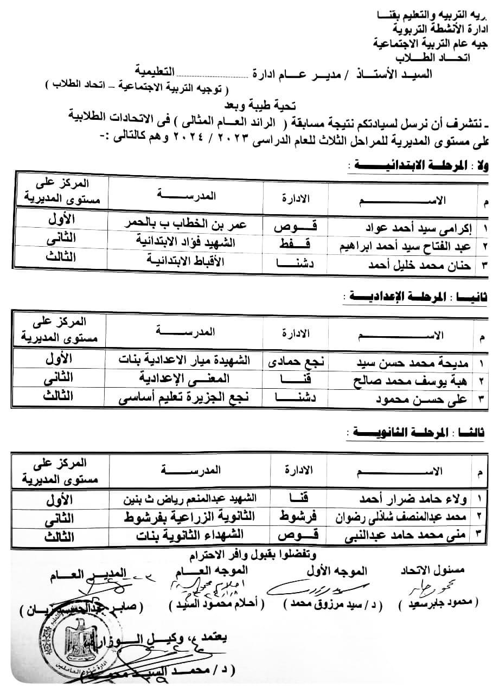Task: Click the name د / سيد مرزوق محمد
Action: pyautogui.click(x=315, y=603)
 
